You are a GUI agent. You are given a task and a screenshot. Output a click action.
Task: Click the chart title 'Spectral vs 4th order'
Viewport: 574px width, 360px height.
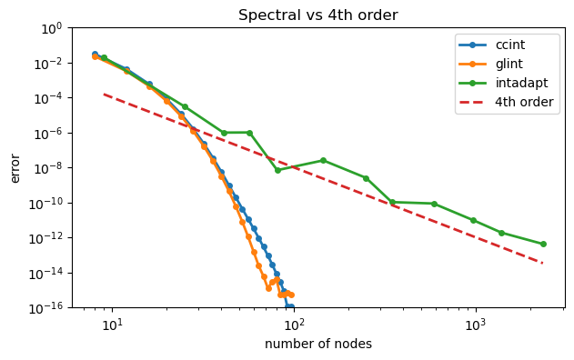click(x=317, y=15)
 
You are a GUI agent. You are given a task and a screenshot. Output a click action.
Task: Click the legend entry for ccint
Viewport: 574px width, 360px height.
click(x=510, y=45)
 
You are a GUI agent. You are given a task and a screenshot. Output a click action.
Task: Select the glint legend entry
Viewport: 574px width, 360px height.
click(x=509, y=64)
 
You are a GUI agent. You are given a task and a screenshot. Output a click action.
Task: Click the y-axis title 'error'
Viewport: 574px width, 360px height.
click(x=15, y=167)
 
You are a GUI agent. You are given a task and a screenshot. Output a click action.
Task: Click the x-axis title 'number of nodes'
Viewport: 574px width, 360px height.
click(x=317, y=345)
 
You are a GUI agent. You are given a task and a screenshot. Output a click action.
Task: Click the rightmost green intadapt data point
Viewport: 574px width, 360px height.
click(x=543, y=244)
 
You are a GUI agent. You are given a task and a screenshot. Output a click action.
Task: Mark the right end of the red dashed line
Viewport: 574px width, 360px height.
click(x=543, y=264)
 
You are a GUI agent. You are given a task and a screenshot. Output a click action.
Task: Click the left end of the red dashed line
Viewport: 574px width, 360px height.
click(x=104, y=94)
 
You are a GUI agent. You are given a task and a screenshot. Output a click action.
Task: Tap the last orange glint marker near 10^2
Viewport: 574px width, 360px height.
click(x=291, y=295)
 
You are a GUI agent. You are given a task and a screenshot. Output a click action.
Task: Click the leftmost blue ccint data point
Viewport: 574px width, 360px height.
click(x=95, y=54)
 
